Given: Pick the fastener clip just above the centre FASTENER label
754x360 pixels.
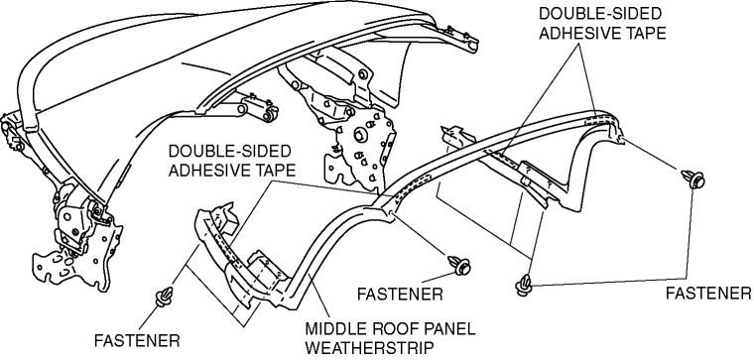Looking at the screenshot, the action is tap(459, 265).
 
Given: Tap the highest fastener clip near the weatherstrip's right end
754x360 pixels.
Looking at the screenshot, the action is tap(692, 179).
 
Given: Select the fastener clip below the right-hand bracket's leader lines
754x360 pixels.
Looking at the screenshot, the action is tap(524, 285).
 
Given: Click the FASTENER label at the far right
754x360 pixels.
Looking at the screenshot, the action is tap(707, 293).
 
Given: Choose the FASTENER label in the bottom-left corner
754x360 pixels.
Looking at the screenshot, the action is tap(137, 340).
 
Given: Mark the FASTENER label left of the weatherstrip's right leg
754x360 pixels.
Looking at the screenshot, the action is tap(400, 294).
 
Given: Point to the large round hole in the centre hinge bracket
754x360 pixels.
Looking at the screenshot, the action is tap(359, 136).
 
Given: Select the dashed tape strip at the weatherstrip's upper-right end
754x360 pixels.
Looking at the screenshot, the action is tap(597, 119).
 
